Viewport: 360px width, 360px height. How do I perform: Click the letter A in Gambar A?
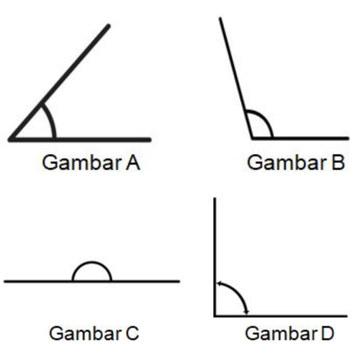pyautogui.click(x=133, y=163)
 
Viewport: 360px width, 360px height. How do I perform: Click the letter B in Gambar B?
pyautogui.click(x=338, y=163)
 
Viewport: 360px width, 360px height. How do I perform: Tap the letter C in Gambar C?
pyautogui.click(x=132, y=333)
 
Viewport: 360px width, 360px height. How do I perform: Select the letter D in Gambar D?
pyautogui.click(x=328, y=333)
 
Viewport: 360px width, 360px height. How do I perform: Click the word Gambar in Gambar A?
pyautogui.click(x=82, y=163)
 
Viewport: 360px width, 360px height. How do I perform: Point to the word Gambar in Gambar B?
pyautogui.click(x=287, y=163)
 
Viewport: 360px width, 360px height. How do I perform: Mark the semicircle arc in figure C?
pyautogui.click(x=92, y=263)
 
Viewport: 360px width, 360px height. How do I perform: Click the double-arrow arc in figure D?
pyautogui.click(x=238, y=293)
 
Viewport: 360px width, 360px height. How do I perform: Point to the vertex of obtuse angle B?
pyautogui.click(x=252, y=138)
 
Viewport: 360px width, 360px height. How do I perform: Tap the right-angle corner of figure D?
pyautogui.click(x=215, y=316)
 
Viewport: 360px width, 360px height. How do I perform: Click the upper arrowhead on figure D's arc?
pyautogui.click(x=218, y=284)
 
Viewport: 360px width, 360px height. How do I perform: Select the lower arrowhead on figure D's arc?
pyautogui.click(x=247, y=312)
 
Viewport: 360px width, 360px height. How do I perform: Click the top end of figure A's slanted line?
pyautogui.click(x=109, y=25)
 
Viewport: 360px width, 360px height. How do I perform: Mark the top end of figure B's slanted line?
pyautogui.click(x=220, y=18)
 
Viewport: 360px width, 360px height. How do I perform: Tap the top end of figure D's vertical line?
pyautogui.click(x=215, y=198)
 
